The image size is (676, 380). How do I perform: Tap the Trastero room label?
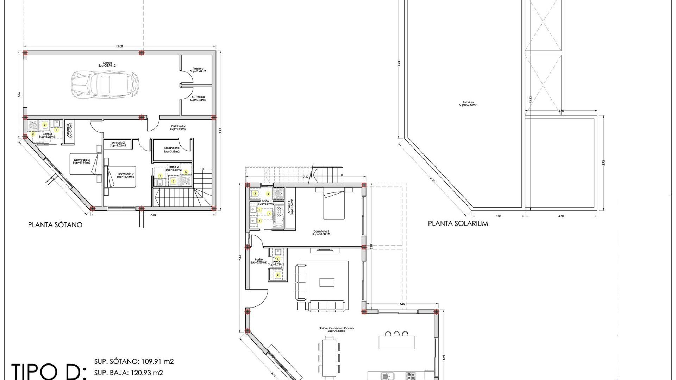coord(198,70)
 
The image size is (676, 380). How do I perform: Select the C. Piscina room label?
coord(198,99)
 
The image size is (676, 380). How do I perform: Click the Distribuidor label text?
coord(178,127)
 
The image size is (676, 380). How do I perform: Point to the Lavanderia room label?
coord(172,150)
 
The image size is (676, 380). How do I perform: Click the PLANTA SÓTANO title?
coord(55,225)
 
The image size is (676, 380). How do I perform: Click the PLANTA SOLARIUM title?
coord(458,223)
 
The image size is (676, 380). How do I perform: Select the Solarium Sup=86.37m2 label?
coord(468,104)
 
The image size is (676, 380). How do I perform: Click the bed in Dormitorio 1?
coord(334,205)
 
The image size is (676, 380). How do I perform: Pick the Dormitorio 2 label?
coord(126,175)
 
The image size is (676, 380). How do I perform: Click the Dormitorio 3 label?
coord(82,161)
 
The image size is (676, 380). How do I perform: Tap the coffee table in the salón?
coord(327,283)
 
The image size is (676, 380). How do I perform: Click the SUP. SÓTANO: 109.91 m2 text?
coord(134,362)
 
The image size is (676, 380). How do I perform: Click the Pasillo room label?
coord(258,261)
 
